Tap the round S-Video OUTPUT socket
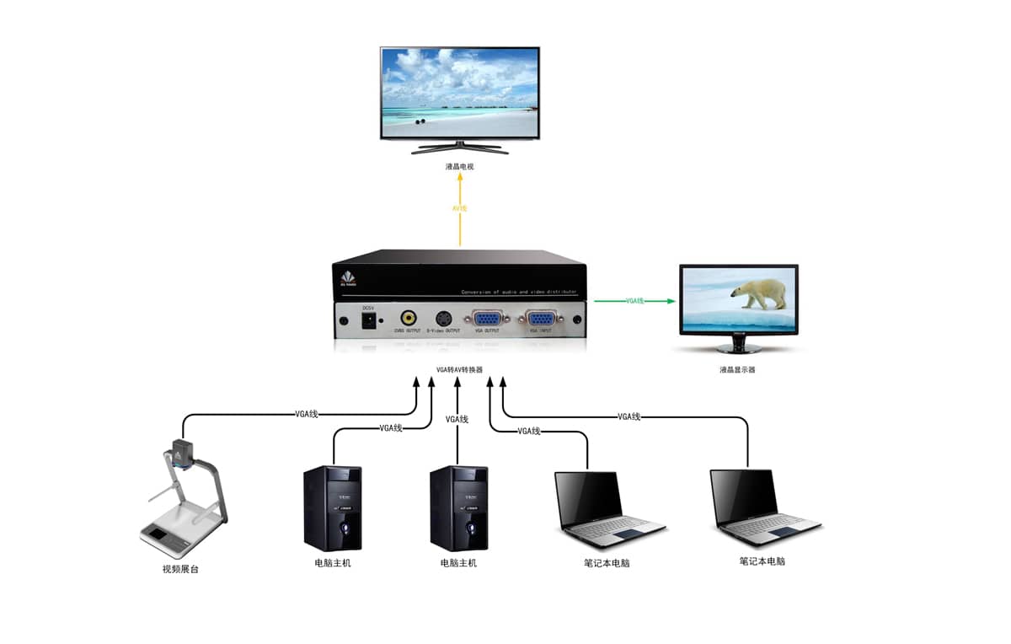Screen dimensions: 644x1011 [443, 319]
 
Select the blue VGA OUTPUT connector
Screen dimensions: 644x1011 [488, 319]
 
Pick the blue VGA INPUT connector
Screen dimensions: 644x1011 [539, 319]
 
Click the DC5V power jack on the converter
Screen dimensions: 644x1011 [368, 320]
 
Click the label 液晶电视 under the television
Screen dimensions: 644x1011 [460, 167]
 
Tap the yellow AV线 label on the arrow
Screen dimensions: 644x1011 [460, 208]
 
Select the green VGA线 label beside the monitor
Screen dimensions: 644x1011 [635, 300]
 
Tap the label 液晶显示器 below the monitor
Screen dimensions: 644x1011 [737, 369]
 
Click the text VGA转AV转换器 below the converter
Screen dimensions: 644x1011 [460, 369]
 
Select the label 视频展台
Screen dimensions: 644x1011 [180, 569]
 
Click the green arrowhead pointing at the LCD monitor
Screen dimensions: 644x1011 [671, 300]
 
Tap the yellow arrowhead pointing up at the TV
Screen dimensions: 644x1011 [460, 183]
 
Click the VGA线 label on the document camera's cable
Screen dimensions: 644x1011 [307, 414]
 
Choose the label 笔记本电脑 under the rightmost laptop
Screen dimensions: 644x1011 [762, 561]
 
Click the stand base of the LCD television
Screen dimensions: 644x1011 [460, 149]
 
